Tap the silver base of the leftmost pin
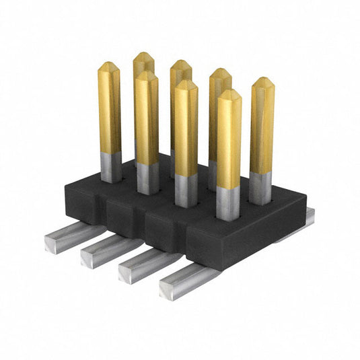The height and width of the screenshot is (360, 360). pos(111,167)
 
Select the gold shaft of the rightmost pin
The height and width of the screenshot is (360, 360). pos(262,128)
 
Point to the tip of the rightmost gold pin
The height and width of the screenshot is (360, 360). pos(262,82)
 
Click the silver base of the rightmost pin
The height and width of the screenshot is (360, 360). pos(260,188)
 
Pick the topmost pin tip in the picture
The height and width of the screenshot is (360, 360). pos(143,57)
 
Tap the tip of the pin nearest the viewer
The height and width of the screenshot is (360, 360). pos(229,94)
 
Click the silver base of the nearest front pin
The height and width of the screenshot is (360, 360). pos(227,203)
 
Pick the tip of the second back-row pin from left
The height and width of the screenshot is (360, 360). pos(180,65)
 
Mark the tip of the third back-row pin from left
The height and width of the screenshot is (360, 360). pos(220,73)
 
